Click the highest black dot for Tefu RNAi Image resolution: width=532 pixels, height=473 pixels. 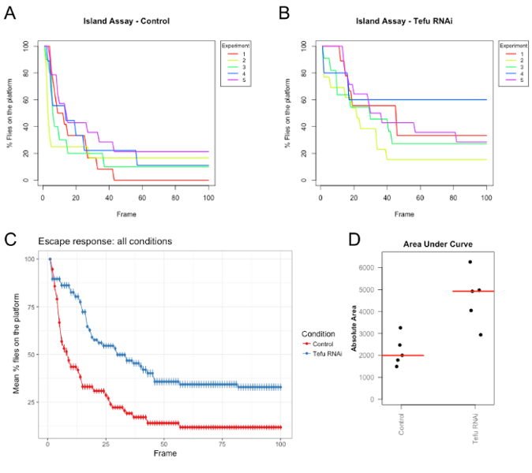[470, 262]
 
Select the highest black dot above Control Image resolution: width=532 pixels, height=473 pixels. [400, 327]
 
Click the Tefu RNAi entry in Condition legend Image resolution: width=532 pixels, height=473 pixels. [328, 354]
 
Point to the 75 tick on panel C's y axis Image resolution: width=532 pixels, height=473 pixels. [32, 307]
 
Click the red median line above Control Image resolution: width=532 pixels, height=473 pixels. [401, 356]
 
